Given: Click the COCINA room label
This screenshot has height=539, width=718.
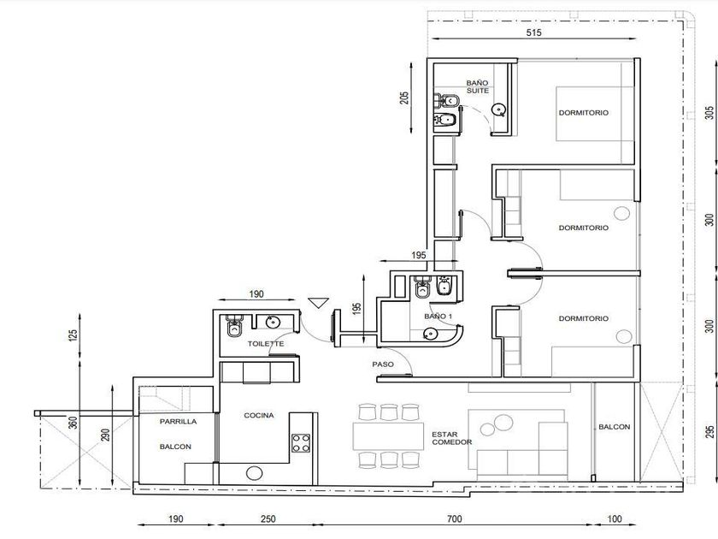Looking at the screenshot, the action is pyautogui.click(x=259, y=415).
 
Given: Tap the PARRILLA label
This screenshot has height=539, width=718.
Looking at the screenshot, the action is pyautogui.click(x=178, y=421).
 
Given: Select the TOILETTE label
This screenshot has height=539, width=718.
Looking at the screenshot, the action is pyautogui.click(x=266, y=343).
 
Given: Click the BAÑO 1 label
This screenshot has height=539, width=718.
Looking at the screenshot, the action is pyautogui.click(x=438, y=317).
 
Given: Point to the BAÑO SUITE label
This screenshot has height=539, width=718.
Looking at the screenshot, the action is pyautogui.click(x=478, y=86).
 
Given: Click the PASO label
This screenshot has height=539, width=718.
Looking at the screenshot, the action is pyautogui.click(x=383, y=364).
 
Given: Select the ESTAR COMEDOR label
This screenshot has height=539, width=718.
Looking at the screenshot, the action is pyautogui.click(x=451, y=438).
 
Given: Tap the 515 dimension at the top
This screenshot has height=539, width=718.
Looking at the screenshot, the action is pyautogui.click(x=534, y=33).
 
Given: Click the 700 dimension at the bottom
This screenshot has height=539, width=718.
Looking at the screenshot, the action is pyautogui.click(x=454, y=518).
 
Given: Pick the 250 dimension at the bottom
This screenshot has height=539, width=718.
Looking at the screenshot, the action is pyautogui.click(x=268, y=518).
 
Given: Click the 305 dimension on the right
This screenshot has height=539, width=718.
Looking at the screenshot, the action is pyautogui.click(x=709, y=112).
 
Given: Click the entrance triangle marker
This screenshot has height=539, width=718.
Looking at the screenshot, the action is pyautogui.click(x=318, y=303).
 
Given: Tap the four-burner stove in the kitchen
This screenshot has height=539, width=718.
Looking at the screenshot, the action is pyautogui.click(x=301, y=443).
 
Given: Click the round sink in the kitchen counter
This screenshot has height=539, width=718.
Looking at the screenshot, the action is pyautogui.click(x=254, y=473).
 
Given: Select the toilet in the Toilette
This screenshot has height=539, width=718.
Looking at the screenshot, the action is pyautogui.click(x=234, y=325).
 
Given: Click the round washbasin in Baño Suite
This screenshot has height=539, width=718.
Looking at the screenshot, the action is pyautogui.click(x=498, y=110).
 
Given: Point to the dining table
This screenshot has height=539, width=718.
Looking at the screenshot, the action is pyautogui.click(x=388, y=435).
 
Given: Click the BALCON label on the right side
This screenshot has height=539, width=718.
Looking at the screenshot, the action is pyautogui.click(x=614, y=427).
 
